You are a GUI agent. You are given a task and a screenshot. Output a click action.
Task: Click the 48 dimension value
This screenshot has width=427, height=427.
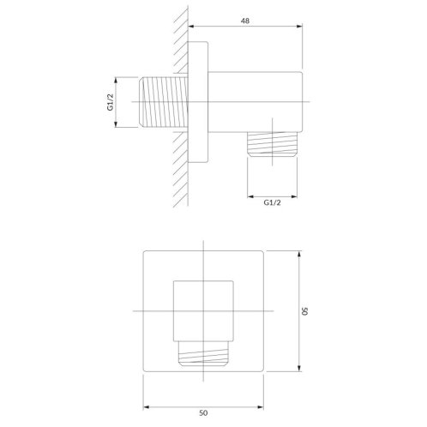click(x=245, y=21)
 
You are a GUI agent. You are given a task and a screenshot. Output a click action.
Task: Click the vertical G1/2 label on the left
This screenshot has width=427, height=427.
click(x=111, y=102)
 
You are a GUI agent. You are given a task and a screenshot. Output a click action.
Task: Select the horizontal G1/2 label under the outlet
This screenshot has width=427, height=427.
click(x=272, y=202)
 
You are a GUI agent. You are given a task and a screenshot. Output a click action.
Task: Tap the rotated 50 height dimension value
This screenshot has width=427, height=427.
click(x=304, y=311)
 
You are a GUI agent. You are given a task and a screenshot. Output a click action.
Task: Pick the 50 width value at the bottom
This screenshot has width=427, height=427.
click(x=203, y=412)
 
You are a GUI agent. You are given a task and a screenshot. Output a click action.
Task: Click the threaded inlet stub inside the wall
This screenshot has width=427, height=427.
click(x=163, y=102)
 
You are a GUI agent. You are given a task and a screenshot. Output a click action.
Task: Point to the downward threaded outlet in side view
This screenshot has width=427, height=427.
click(x=272, y=144)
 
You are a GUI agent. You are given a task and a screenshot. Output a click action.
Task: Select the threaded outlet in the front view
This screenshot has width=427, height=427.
click(x=203, y=353)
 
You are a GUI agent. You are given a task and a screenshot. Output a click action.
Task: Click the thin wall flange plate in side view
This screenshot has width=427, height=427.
click(x=198, y=102)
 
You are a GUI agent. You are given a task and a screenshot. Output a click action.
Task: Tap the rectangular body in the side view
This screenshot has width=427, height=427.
click(x=255, y=102)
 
